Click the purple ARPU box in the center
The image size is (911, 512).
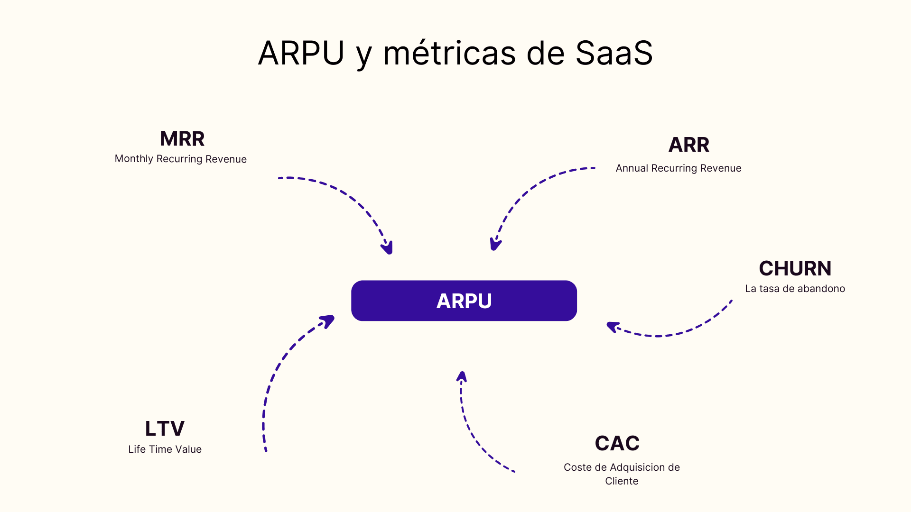[x=464, y=301]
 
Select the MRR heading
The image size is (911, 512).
[x=182, y=139]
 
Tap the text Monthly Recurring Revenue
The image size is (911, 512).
[x=180, y=159]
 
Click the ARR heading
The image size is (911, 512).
[x=688, y=145]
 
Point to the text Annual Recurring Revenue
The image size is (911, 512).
[x=678, y=168]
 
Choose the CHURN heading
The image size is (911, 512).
[x=795, y=268]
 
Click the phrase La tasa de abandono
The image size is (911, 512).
[x=795, y=289]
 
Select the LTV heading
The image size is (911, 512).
[x=165, y=429]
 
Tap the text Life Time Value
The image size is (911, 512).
[x=165, y=449]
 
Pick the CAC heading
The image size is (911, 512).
[x=617, y=443]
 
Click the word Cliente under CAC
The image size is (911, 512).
[x=622, y=481]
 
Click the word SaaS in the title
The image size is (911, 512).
[x=614, y=53]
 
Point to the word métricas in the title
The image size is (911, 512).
[x=449, y=53]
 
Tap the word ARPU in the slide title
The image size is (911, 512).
[x=301, y=53]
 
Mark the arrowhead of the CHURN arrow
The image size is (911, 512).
[x=613, y=327]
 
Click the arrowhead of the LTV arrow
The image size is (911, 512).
[x=328, y=320]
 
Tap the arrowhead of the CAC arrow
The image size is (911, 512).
[x=462, y=377]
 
